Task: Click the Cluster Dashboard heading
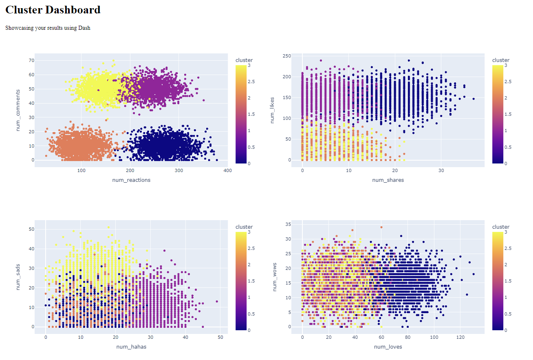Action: click(x=53, y=10)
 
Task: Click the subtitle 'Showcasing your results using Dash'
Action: click(x=48, y=28)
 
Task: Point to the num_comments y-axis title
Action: click(x=18, y=110)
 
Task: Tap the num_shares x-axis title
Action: click(x=388, y=180)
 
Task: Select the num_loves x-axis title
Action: click(x=388, y=347)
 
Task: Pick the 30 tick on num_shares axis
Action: click(x=441, y=170)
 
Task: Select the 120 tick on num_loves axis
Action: click(x=460, y=337)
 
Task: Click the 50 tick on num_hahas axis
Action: click(x=220, y=337)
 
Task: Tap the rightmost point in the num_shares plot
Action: click(x=474, y=99)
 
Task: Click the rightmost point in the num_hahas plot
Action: click(x=217, y=302)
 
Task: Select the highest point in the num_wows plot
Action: click(x=381, y=227)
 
